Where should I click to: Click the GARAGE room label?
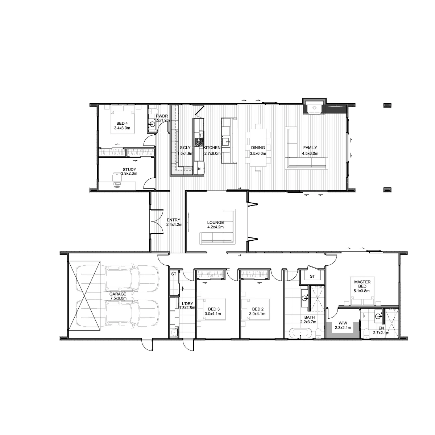click(x=117, y=294)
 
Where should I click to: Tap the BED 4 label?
click(x=122, y=123)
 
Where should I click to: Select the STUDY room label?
click(x=129, y=169)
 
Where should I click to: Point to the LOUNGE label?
click(x=215, y=222)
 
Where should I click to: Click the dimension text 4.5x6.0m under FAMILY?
click(x=310, y=153)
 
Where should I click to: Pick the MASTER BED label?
click(x=362, y=284)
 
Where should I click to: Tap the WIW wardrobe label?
click(x=343, y=323)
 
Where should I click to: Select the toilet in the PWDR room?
click(x=153, y=112)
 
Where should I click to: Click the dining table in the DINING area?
click(x=258, y=148)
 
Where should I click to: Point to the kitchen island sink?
click(x=226, y=141)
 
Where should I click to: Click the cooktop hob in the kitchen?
click(x=199, y=142)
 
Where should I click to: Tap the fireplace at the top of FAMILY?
click(x=315, y=107)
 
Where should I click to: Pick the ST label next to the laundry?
click(x=174, y=274)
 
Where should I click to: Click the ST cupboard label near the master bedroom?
click(x=312, y=276)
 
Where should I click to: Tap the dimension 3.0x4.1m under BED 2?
click(x=257, y=314)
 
